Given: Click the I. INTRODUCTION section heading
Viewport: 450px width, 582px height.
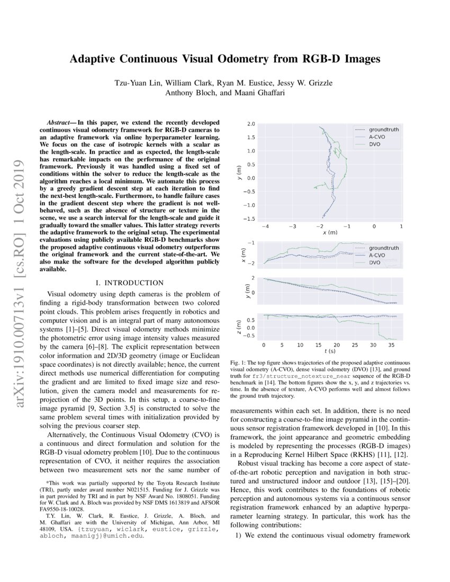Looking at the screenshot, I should [130, 283].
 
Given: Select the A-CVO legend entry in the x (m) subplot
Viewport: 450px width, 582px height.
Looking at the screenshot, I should [376, 255].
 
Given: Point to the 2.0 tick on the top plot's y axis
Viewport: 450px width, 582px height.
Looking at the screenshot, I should [251, 124].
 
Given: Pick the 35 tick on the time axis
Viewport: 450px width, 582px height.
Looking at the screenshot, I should [390, 344].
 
